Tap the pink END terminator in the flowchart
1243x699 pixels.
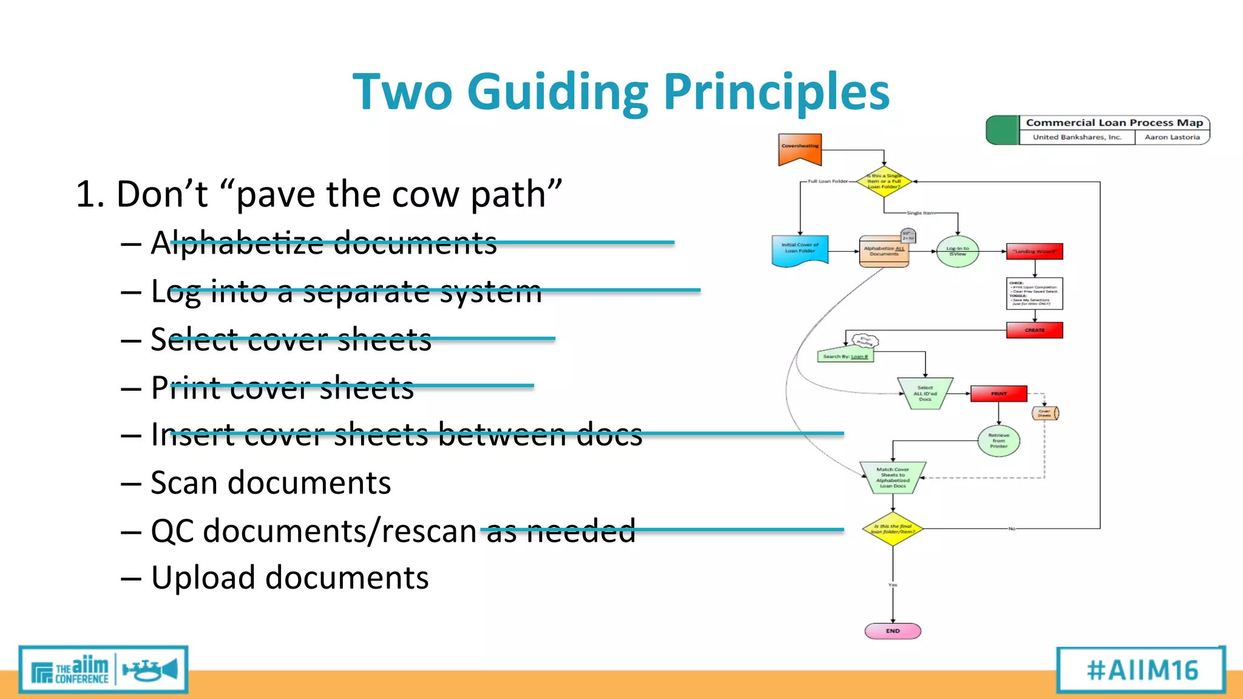(x=892, y=631)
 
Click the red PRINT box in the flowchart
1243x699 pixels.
(x=998, y=394)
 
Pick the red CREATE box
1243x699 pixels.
(x=1034, y=330)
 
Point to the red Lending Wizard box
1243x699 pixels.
(x=1034, y=251)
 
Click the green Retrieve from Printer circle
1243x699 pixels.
(x=998, y=441)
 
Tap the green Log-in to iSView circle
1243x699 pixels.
(x=957, y=251)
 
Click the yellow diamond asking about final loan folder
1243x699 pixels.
(x=892, y=529)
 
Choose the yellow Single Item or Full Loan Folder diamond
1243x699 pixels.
(x=884, y=181)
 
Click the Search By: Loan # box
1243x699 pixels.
(x=845, y=356)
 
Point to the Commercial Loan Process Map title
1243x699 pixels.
(x=1114, y=123)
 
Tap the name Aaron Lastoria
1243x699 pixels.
(x=1172, y=137)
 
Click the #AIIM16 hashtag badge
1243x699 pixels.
(x=1142, y=670)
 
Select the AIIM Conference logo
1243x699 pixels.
(x=103, y=670)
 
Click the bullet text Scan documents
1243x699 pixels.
(x=271, y=483)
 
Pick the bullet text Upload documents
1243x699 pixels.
(x=290, y=578)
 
